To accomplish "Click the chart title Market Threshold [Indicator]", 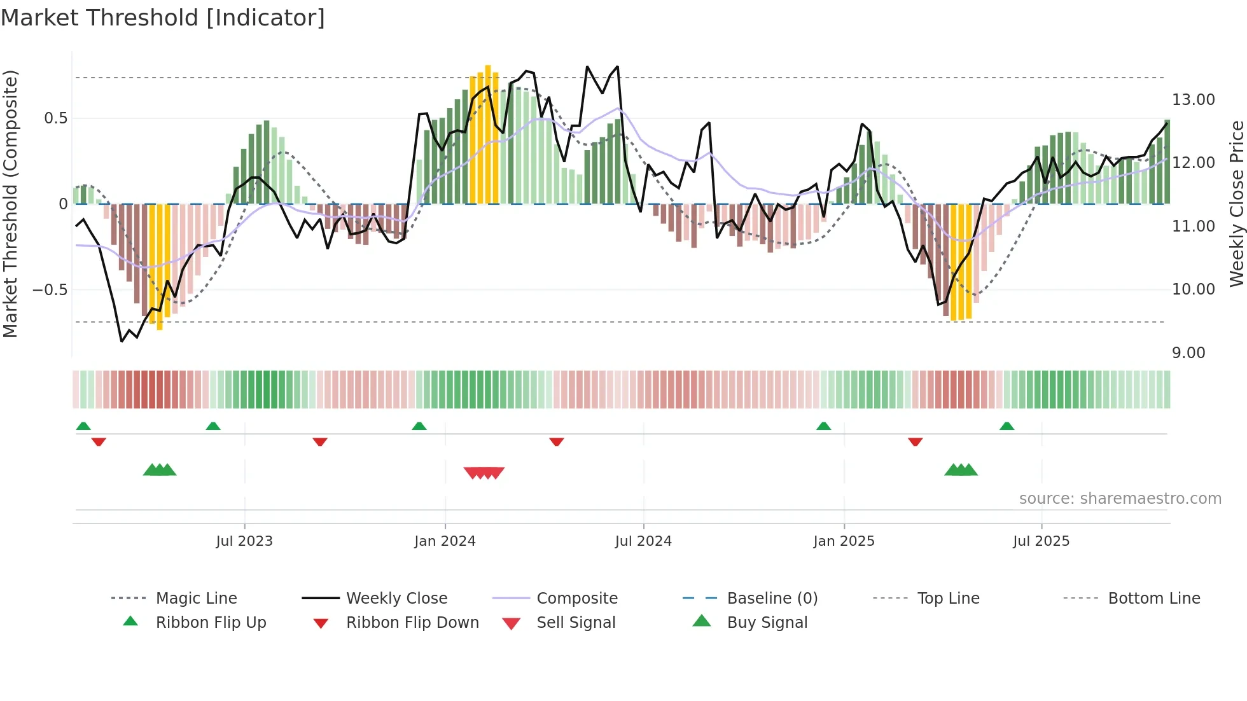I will click(163, 18).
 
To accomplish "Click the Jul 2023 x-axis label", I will click(244, 541).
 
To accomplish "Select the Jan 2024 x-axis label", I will click(445, 541).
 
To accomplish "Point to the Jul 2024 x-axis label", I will click(643, 541).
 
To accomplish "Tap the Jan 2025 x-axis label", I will click(844, 541).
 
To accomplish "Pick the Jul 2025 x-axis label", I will click(1041, 541).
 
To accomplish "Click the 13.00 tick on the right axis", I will click(1193, 100).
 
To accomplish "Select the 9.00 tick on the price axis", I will click(1188, 353).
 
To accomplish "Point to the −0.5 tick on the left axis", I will click(50, 290).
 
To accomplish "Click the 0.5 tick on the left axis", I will click(56, 118).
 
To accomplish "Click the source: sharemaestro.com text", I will click(1120, 499).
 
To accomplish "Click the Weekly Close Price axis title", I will click(1236, 204).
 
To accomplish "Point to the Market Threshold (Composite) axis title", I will click(10, 204).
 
